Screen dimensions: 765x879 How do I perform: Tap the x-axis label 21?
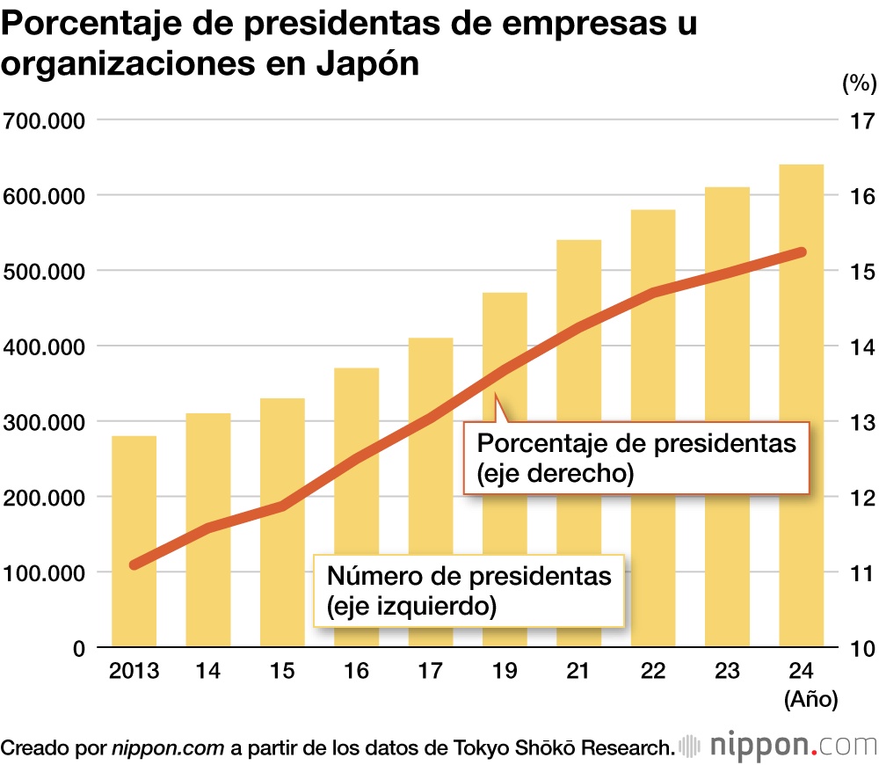pyautogui.click(x=578, y=672)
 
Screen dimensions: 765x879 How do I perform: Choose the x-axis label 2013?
pyautogui.click(x=134, y=672)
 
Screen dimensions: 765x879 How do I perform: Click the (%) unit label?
pyautogui.click(x=859, y=84)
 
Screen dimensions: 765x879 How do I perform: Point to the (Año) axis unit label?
pyautogui.click(x=810, y=700)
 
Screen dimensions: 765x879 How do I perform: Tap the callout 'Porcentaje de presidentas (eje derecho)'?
pyautogui.click(x=636, y=456)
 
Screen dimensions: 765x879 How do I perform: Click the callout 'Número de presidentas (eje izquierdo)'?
pyautogui.click(x=469, y=590)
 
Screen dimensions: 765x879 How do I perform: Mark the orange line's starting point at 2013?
pyautogui.click(x=134, y=565)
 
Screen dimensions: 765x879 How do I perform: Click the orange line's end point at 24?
pyautogui.click(x=801, y=253)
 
